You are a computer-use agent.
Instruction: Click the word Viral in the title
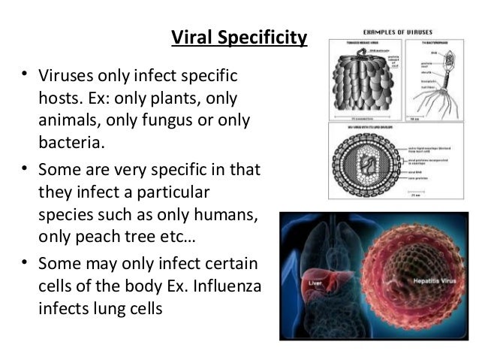point(191,37)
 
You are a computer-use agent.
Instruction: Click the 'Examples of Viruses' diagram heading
point(396,32)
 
